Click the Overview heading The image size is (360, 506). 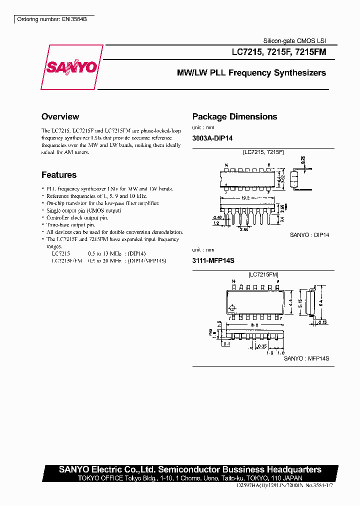click(60, 116)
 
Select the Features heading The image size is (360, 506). click(59, 175)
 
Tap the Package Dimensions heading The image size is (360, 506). click(234, 116)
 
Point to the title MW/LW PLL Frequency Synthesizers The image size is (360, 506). click(251, 73)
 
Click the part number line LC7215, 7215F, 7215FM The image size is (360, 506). click(278, 51)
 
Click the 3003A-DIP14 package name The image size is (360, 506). click(212, 138)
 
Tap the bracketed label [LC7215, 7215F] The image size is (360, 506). click(263, 152)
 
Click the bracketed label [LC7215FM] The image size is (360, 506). click(263, 274)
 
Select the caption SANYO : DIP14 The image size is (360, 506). click(309, 234)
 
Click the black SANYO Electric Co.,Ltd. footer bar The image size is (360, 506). click(190, 469)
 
